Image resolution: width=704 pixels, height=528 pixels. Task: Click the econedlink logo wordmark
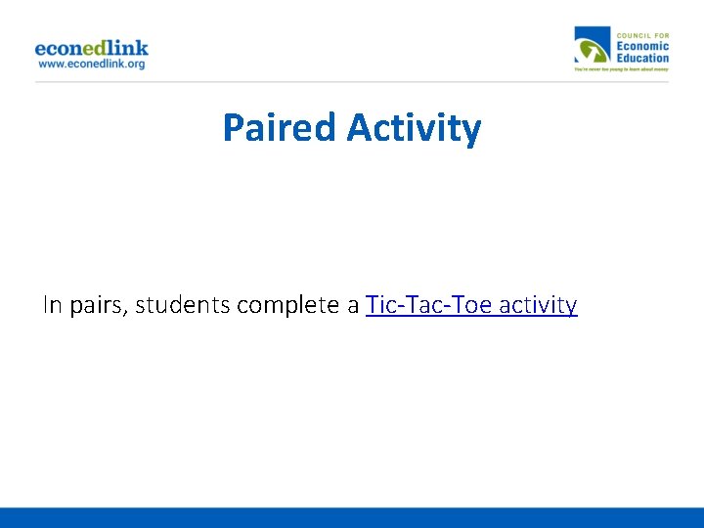coord(91,47)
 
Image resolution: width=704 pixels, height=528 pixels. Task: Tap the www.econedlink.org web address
coord(91,64)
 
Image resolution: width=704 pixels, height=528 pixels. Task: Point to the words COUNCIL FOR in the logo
coord(642,34)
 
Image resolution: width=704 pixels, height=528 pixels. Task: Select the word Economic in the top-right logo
coord(642,45)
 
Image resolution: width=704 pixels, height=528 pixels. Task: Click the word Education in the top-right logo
coord(642,57)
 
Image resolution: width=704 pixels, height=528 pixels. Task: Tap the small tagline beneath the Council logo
coord(621,69)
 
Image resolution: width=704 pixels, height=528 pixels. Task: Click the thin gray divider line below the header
coord(352,81)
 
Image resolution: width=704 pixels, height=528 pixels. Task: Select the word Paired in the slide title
coord(280,128)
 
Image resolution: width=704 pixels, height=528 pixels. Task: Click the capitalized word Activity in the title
coord(414,128)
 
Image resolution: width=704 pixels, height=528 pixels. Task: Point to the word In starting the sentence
coord(52,305)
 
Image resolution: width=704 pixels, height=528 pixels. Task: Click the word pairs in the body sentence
coord(97,306)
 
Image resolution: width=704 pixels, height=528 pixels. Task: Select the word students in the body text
coord(183,305)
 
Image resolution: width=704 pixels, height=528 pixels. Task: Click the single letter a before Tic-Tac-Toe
coord(353,306)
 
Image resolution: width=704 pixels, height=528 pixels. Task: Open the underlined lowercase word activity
coord(538,306)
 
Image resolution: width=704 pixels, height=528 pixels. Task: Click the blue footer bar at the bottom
coord(352,517)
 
